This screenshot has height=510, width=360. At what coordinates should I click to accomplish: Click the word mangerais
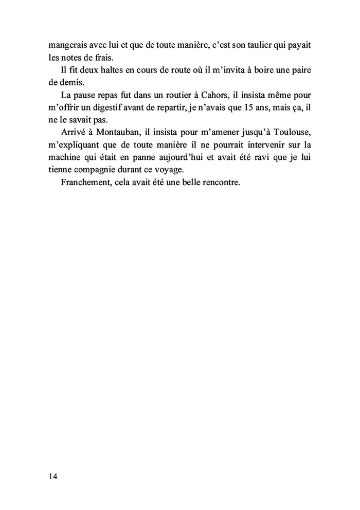(64, 45)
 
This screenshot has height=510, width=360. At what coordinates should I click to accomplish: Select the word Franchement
(85, 182)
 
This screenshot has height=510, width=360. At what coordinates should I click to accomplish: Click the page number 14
(53, 476)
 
